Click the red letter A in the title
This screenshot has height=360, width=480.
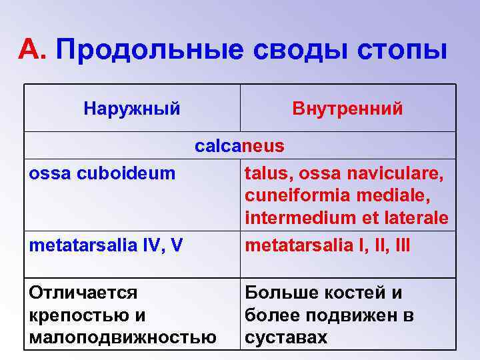point(30,49)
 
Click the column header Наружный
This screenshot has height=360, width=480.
point(132,108)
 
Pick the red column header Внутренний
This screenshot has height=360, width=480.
point(347,108)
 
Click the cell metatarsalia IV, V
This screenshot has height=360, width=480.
point(106,245)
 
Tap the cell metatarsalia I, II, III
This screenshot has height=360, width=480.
point(327,245)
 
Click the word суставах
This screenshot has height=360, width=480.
point(286,337)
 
